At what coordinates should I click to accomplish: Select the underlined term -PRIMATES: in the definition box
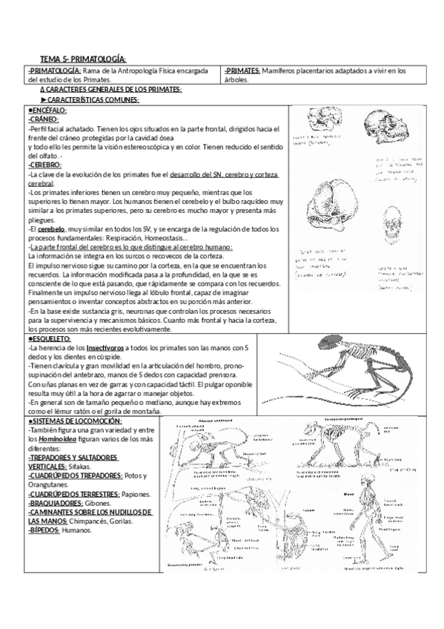pos(241,71)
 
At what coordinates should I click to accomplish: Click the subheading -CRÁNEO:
pos(42,119)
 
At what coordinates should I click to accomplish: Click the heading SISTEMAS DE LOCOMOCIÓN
pos(75,421)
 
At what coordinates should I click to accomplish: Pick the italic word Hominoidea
pos(60,439)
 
